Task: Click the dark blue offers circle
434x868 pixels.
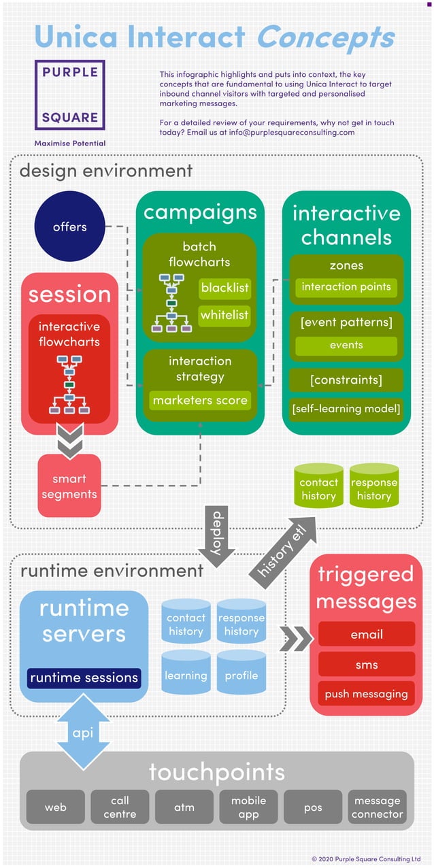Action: pos(69,227)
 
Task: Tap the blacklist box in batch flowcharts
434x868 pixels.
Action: pos(225,288)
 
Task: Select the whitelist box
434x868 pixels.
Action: pos(225,315)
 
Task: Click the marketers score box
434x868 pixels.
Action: pos(200,400)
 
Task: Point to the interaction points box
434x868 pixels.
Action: pos(346,286)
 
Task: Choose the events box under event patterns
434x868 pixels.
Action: pos(346,345)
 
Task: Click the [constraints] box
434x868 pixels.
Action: pos(346,380)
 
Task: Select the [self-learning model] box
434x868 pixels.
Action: pos(346,409)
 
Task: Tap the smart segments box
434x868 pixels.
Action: pos(69,486)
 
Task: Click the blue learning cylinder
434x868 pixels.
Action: pos(186,675)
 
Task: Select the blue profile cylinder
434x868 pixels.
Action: pos(241,675)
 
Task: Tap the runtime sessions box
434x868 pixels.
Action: pos(84,678)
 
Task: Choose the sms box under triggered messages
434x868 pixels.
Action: pos(367,665)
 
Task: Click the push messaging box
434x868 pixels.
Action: pos(367,694)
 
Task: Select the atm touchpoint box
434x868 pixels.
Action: pos(184,807)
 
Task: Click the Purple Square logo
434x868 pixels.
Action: pos(70,95)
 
